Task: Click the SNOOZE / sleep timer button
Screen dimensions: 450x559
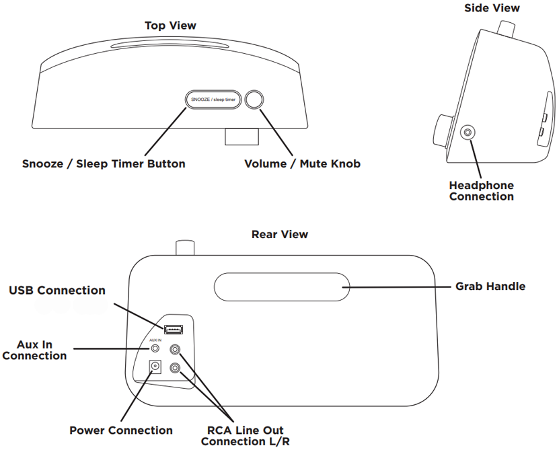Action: click(x=212, y=100)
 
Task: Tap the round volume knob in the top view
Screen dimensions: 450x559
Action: click(x=255, y=100)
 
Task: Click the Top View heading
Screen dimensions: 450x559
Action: click(x=171, y=26)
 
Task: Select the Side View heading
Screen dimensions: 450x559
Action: click(x=492, y=8)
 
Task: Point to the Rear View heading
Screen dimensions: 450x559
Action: click(x=280, y=234)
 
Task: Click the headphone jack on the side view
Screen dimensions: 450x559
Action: click(x=467, y=133)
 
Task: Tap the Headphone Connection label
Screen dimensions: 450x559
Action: click(x=482, y=191)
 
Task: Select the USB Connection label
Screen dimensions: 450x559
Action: click(x=57, y=291)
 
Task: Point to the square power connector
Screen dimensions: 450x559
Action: click(x=156, y=367)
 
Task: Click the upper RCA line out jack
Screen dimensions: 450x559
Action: click(x=176, y=350)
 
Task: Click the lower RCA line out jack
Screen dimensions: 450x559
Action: click(x=176, y=368)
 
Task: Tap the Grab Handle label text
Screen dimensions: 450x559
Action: click(x=490, y=286)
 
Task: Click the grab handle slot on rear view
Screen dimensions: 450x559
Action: click(x=281, y=287)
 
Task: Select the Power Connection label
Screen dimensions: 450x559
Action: click(x=121, y=430)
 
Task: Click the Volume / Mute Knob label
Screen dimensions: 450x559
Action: click(x=302, y=163)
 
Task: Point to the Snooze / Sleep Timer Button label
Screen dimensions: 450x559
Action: click(x=104, y=163)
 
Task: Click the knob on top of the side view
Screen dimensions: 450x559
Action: click(x=505, y=28)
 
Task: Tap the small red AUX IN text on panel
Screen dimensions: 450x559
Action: click(x=155, y=340)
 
